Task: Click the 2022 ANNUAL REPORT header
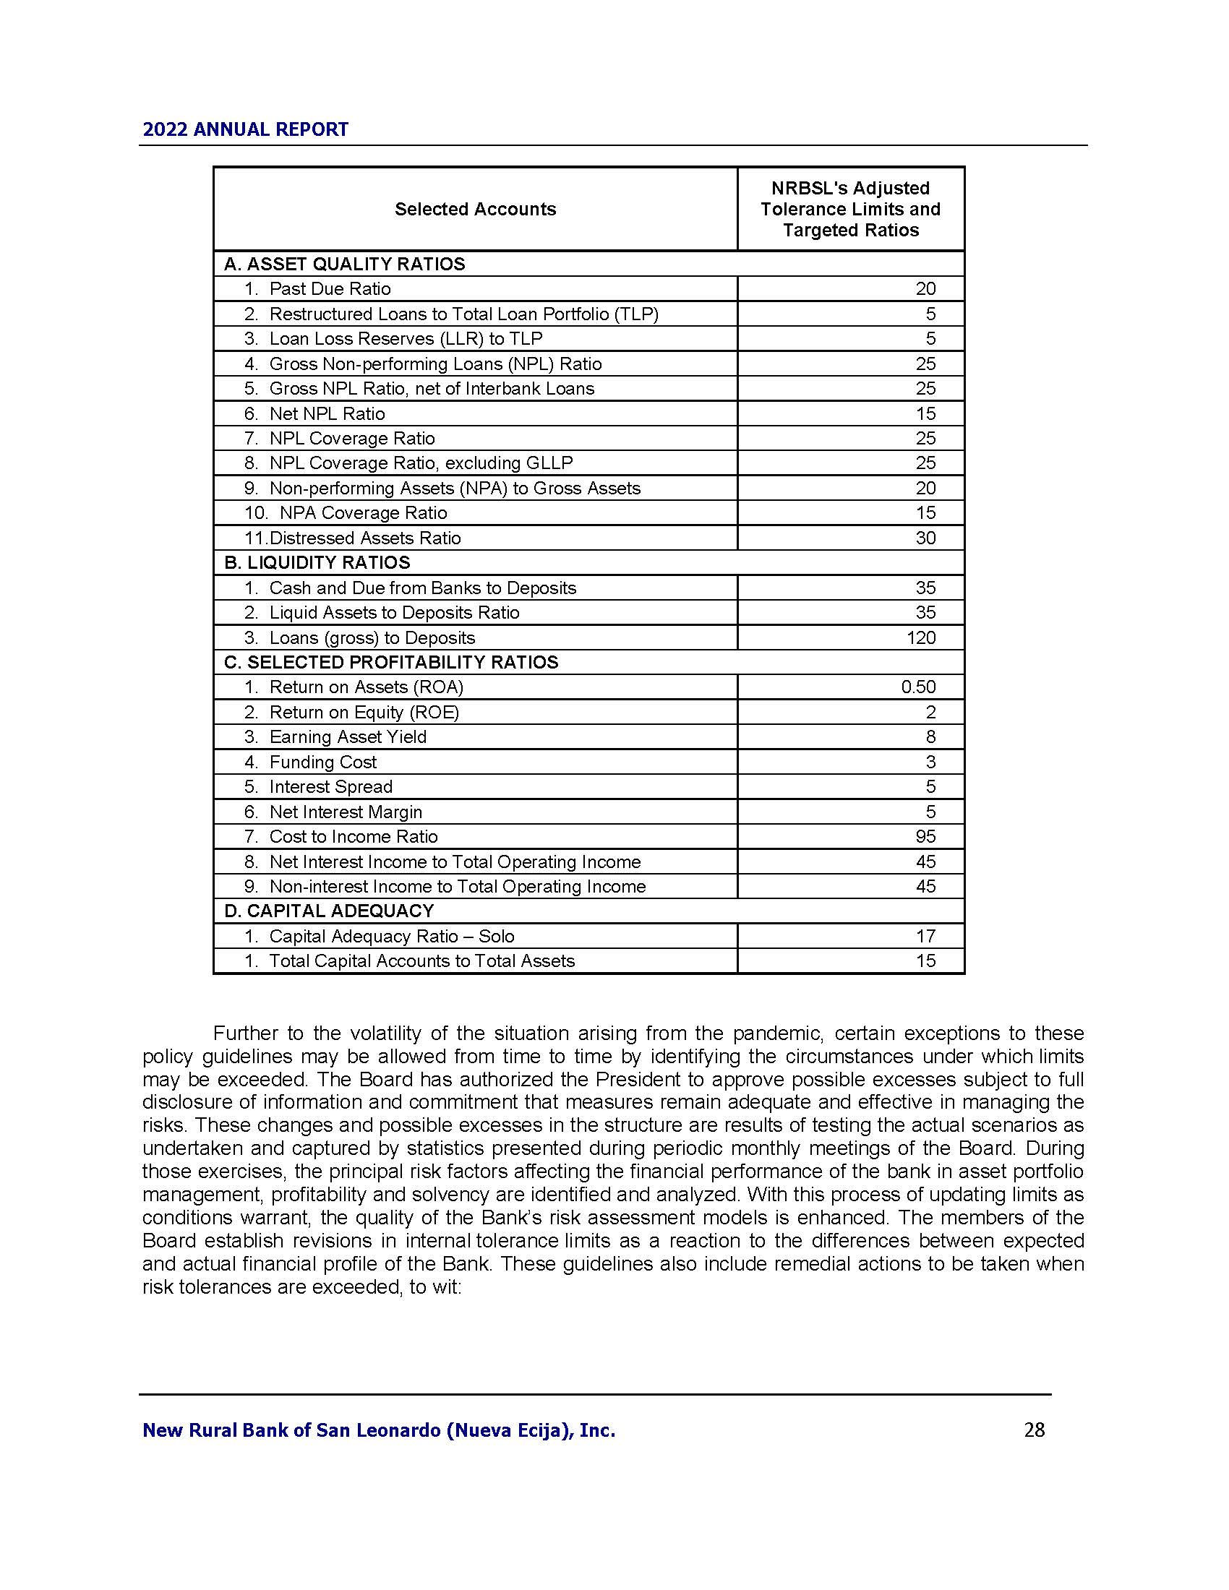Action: coord(245,129)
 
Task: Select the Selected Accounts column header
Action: coord(475,210)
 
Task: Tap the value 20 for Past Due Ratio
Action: coord(925,289)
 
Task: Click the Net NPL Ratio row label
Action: coord(327,413)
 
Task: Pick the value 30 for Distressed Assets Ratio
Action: coord(925,538)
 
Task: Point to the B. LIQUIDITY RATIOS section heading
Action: coord(317,563)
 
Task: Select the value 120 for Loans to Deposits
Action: coord(920,637)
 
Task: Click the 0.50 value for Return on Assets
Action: coord(918,687)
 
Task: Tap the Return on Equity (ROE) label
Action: coord(364,712)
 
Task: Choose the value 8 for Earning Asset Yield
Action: coord(930,736)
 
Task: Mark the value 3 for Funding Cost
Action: coord(930,762)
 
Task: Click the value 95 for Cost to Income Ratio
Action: coord(925,836)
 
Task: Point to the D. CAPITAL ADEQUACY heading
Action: coord(328,911)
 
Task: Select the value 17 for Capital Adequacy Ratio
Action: coord(925,936)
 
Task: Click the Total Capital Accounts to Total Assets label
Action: coord(421,961)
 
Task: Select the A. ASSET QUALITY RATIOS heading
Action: coord(343,265)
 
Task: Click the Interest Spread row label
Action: coord(330,787)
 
